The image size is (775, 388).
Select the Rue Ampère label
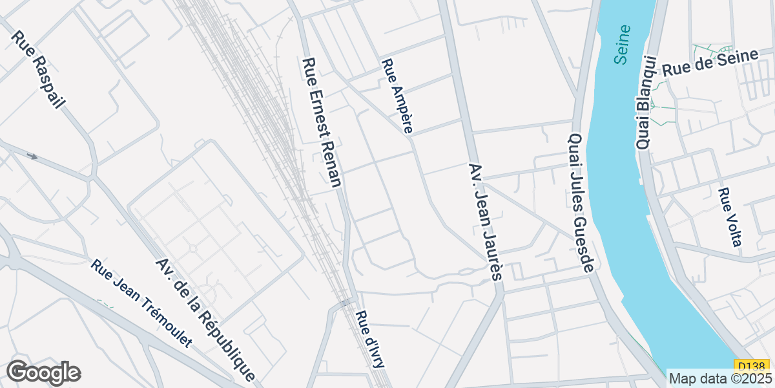[x=397, y=96]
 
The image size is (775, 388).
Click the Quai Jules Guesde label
[x=580, y=203]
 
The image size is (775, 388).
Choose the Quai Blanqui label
[x=645, y=103]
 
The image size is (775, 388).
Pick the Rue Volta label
[x=729, y=217]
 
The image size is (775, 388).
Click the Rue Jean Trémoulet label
[x=141, y=304]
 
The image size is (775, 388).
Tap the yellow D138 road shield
[x=746, y=365]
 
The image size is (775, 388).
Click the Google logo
[x=43, y=372]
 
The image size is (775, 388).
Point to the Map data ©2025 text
[x=719, y=378]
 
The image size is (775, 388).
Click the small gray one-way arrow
[x=32, y=156]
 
